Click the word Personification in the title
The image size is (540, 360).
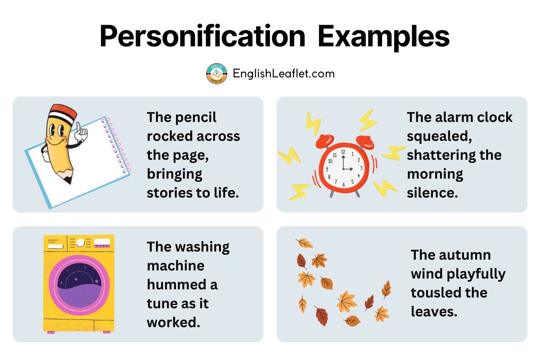[202, 36]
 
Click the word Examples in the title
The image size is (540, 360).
[383, 36]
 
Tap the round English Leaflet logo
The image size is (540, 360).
[216, 74]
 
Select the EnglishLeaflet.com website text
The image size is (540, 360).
[284, 73]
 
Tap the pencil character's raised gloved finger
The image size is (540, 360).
[78, 127]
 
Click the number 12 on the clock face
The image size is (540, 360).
[343, 152]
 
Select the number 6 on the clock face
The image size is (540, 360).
[343, 184]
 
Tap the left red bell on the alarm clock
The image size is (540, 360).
[325, 140]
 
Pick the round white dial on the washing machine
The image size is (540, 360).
[80, 243]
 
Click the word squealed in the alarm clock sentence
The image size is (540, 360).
[439, 137]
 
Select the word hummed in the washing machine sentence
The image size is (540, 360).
[176, 284]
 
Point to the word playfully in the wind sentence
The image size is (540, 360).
[476, 274]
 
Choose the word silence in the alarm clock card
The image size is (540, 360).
[432, 193]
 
